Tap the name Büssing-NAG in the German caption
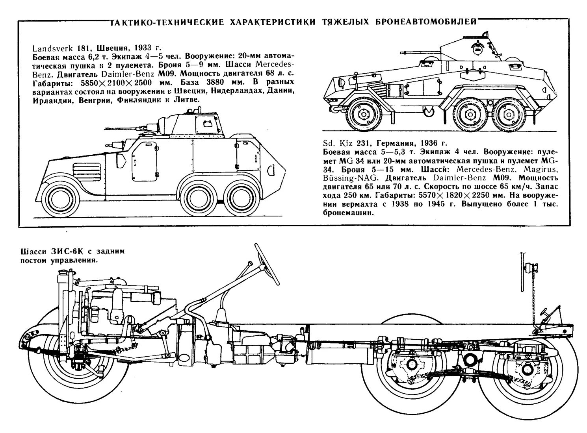[x=344, y=178]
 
